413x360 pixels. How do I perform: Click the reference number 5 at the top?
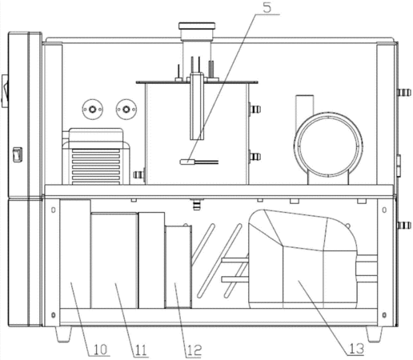coord(267,7)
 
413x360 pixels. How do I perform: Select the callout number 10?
coord(100,350)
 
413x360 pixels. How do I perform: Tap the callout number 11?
coord(141,350)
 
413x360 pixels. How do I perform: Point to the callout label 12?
coord(194,350)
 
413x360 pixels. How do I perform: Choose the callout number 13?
coord(356,349)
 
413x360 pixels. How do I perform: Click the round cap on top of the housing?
coord(197,26)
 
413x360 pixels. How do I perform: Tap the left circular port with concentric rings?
coord(93,110)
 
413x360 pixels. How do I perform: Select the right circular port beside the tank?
coord(126,110)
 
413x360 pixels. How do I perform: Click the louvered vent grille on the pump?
coord(96,166)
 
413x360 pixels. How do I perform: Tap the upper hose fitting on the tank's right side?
coord(255,109)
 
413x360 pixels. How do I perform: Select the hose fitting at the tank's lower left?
coord(138,175)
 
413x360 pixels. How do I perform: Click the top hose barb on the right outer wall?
coord(404,93)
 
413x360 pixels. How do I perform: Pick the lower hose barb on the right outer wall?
coord(404,226)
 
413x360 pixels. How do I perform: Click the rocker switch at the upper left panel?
coord(5,91)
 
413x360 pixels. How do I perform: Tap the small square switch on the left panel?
coord(18,154)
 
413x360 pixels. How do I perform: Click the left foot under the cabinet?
coord(63,334)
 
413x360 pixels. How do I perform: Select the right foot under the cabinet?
coord(375,334)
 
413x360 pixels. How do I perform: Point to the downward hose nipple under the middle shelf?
coord(197,204)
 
